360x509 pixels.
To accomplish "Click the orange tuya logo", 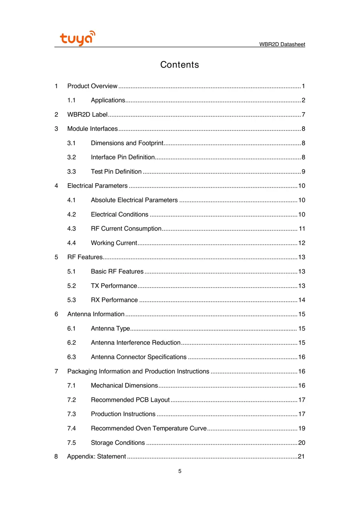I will pos(77,38).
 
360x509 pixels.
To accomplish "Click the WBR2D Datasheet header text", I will pos(282,44).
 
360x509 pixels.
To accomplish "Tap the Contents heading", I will pos(179,65).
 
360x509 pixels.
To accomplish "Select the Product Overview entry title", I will pos(92,86).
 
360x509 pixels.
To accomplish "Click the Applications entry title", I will pos(108,100).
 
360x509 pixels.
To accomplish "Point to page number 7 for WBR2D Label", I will pos(303,115).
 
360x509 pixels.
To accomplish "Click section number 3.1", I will pos(72,143).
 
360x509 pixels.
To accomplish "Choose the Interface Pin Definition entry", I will pos(123,157).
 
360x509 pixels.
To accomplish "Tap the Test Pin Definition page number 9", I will pos(303,172).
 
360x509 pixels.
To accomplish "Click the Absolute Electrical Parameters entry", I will pos(134,200).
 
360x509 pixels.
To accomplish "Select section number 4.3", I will pos(72,229).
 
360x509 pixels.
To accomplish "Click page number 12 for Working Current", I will pos(302,243).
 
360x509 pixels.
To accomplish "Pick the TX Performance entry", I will pos(114,286).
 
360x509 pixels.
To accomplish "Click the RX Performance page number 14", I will pos(302,300).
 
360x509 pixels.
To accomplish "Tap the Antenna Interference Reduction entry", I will pos(135,343).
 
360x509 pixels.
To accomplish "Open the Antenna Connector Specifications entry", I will pos(138,357).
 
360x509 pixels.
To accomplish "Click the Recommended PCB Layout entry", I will pos(130,400).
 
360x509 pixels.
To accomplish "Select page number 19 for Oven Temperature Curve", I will pos(302,428).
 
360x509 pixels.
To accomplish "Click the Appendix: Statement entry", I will pos(96,457).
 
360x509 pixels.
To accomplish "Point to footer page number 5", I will pos(180,471).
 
